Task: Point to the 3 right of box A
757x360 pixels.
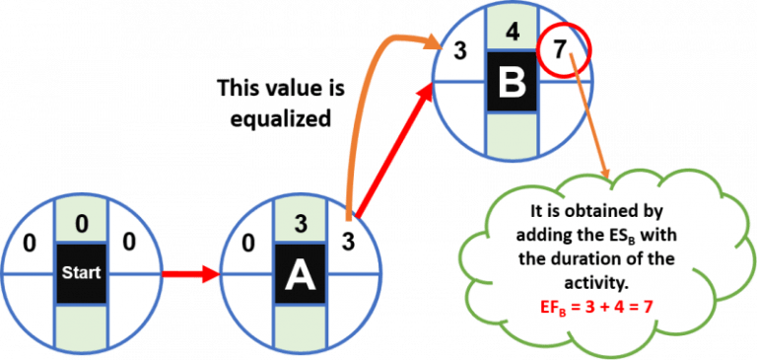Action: (x=348, y=240)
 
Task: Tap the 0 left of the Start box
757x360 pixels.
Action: (x=31, y=240)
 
